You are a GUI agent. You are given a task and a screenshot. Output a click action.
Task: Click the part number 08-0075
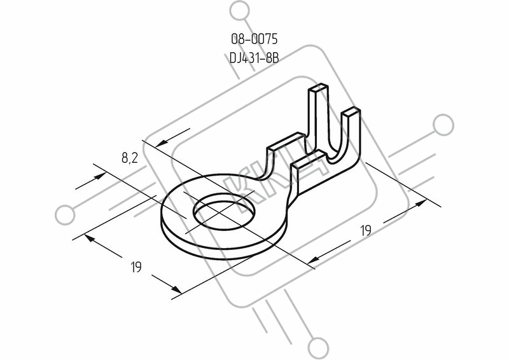point(254,39)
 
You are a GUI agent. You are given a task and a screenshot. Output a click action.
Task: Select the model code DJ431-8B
point(254,59)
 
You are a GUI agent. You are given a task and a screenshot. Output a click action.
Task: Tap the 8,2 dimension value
point(130,158)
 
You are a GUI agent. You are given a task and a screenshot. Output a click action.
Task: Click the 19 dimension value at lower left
point(136,267)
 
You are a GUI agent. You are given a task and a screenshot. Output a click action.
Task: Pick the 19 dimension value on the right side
point(366,230)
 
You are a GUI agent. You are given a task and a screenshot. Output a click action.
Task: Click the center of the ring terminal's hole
point(224,212)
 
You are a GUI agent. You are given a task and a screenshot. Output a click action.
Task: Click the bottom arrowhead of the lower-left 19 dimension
point(176,289)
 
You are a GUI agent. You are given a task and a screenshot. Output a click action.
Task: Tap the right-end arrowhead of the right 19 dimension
point(421,203)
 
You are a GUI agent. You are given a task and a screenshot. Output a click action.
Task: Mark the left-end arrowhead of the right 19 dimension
point(314,259)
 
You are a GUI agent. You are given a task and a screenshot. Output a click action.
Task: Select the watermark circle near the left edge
point(65,215)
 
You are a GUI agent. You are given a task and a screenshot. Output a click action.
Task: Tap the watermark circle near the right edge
point(443,125)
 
